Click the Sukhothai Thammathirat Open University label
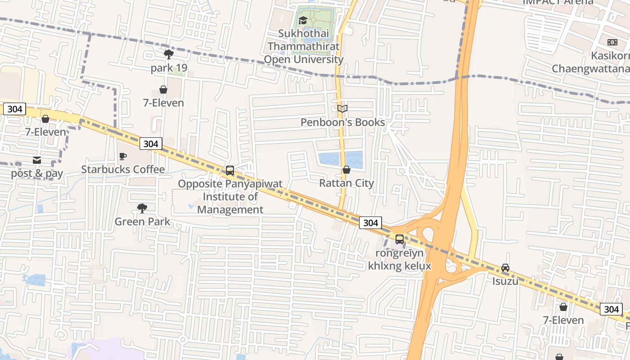(303, 46)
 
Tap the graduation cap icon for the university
(303, 20)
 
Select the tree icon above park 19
(169, 55)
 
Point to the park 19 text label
(169, 68)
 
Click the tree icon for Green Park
(142, 208)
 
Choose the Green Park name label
(142, 221)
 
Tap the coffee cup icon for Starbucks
(122, 156)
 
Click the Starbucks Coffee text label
(123, 169)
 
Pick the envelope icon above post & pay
(37, 160)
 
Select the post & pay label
(37, 173)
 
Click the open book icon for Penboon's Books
(342, 108)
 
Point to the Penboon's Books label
(342, 122)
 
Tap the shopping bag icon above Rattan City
(346, 170)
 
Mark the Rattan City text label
(346, 183)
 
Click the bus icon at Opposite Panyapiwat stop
(230, 171)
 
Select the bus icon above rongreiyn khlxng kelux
(400, 239)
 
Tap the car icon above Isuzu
(505, 268)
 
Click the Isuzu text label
(505, 281)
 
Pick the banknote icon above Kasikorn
(612, 42)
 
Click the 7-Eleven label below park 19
(163, 103)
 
